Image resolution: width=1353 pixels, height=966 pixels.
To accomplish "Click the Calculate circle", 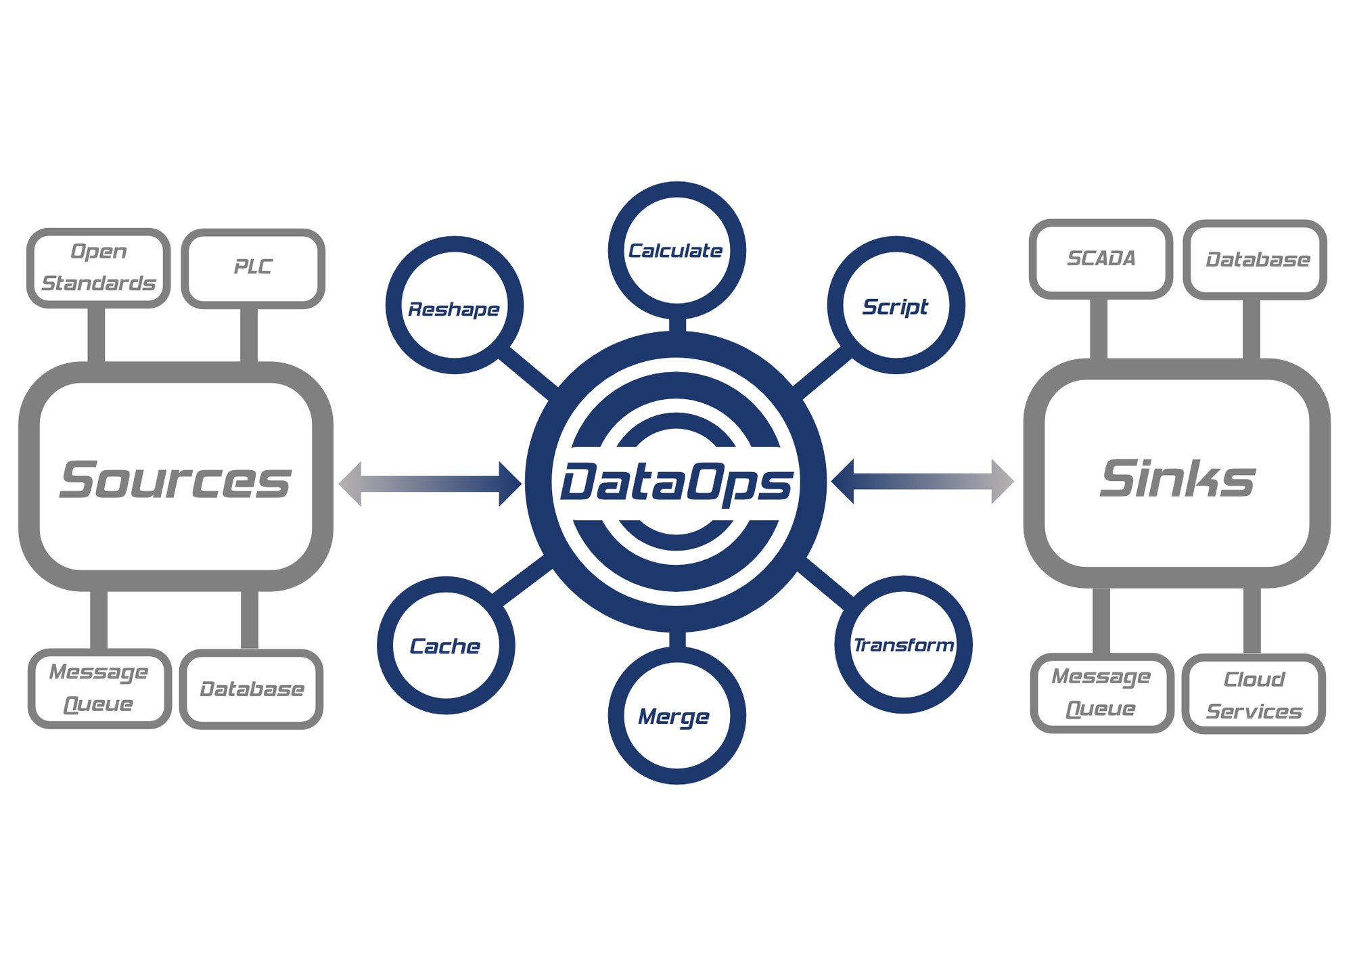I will [676, 250].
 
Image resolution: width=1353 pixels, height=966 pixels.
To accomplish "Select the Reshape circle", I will [454, 306].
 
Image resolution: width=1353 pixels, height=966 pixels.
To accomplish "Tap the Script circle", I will [896, 306].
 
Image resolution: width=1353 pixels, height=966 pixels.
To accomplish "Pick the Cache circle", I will [446, 645].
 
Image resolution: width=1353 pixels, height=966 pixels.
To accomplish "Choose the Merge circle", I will [676, 716].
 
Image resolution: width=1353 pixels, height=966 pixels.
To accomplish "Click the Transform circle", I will [904, 645].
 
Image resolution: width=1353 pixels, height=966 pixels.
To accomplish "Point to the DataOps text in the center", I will [676, 482].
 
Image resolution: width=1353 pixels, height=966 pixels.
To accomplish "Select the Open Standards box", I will [99, 268].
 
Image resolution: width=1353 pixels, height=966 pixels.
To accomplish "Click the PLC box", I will [253, 268].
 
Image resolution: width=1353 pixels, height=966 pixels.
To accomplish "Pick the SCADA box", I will [1101, 258].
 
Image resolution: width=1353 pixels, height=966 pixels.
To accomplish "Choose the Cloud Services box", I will [1254, 694].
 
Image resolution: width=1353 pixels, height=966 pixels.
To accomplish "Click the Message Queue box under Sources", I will [99, 688].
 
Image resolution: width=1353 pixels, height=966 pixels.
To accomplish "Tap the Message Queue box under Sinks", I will [1101, 693].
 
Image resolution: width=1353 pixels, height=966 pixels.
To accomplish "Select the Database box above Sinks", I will [1255, 260].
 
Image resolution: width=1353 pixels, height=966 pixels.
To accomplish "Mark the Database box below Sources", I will [251, 689].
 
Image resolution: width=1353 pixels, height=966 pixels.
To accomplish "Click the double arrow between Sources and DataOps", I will [430, 483].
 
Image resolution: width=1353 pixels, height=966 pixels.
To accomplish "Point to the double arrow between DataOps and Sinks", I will [923, 482].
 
